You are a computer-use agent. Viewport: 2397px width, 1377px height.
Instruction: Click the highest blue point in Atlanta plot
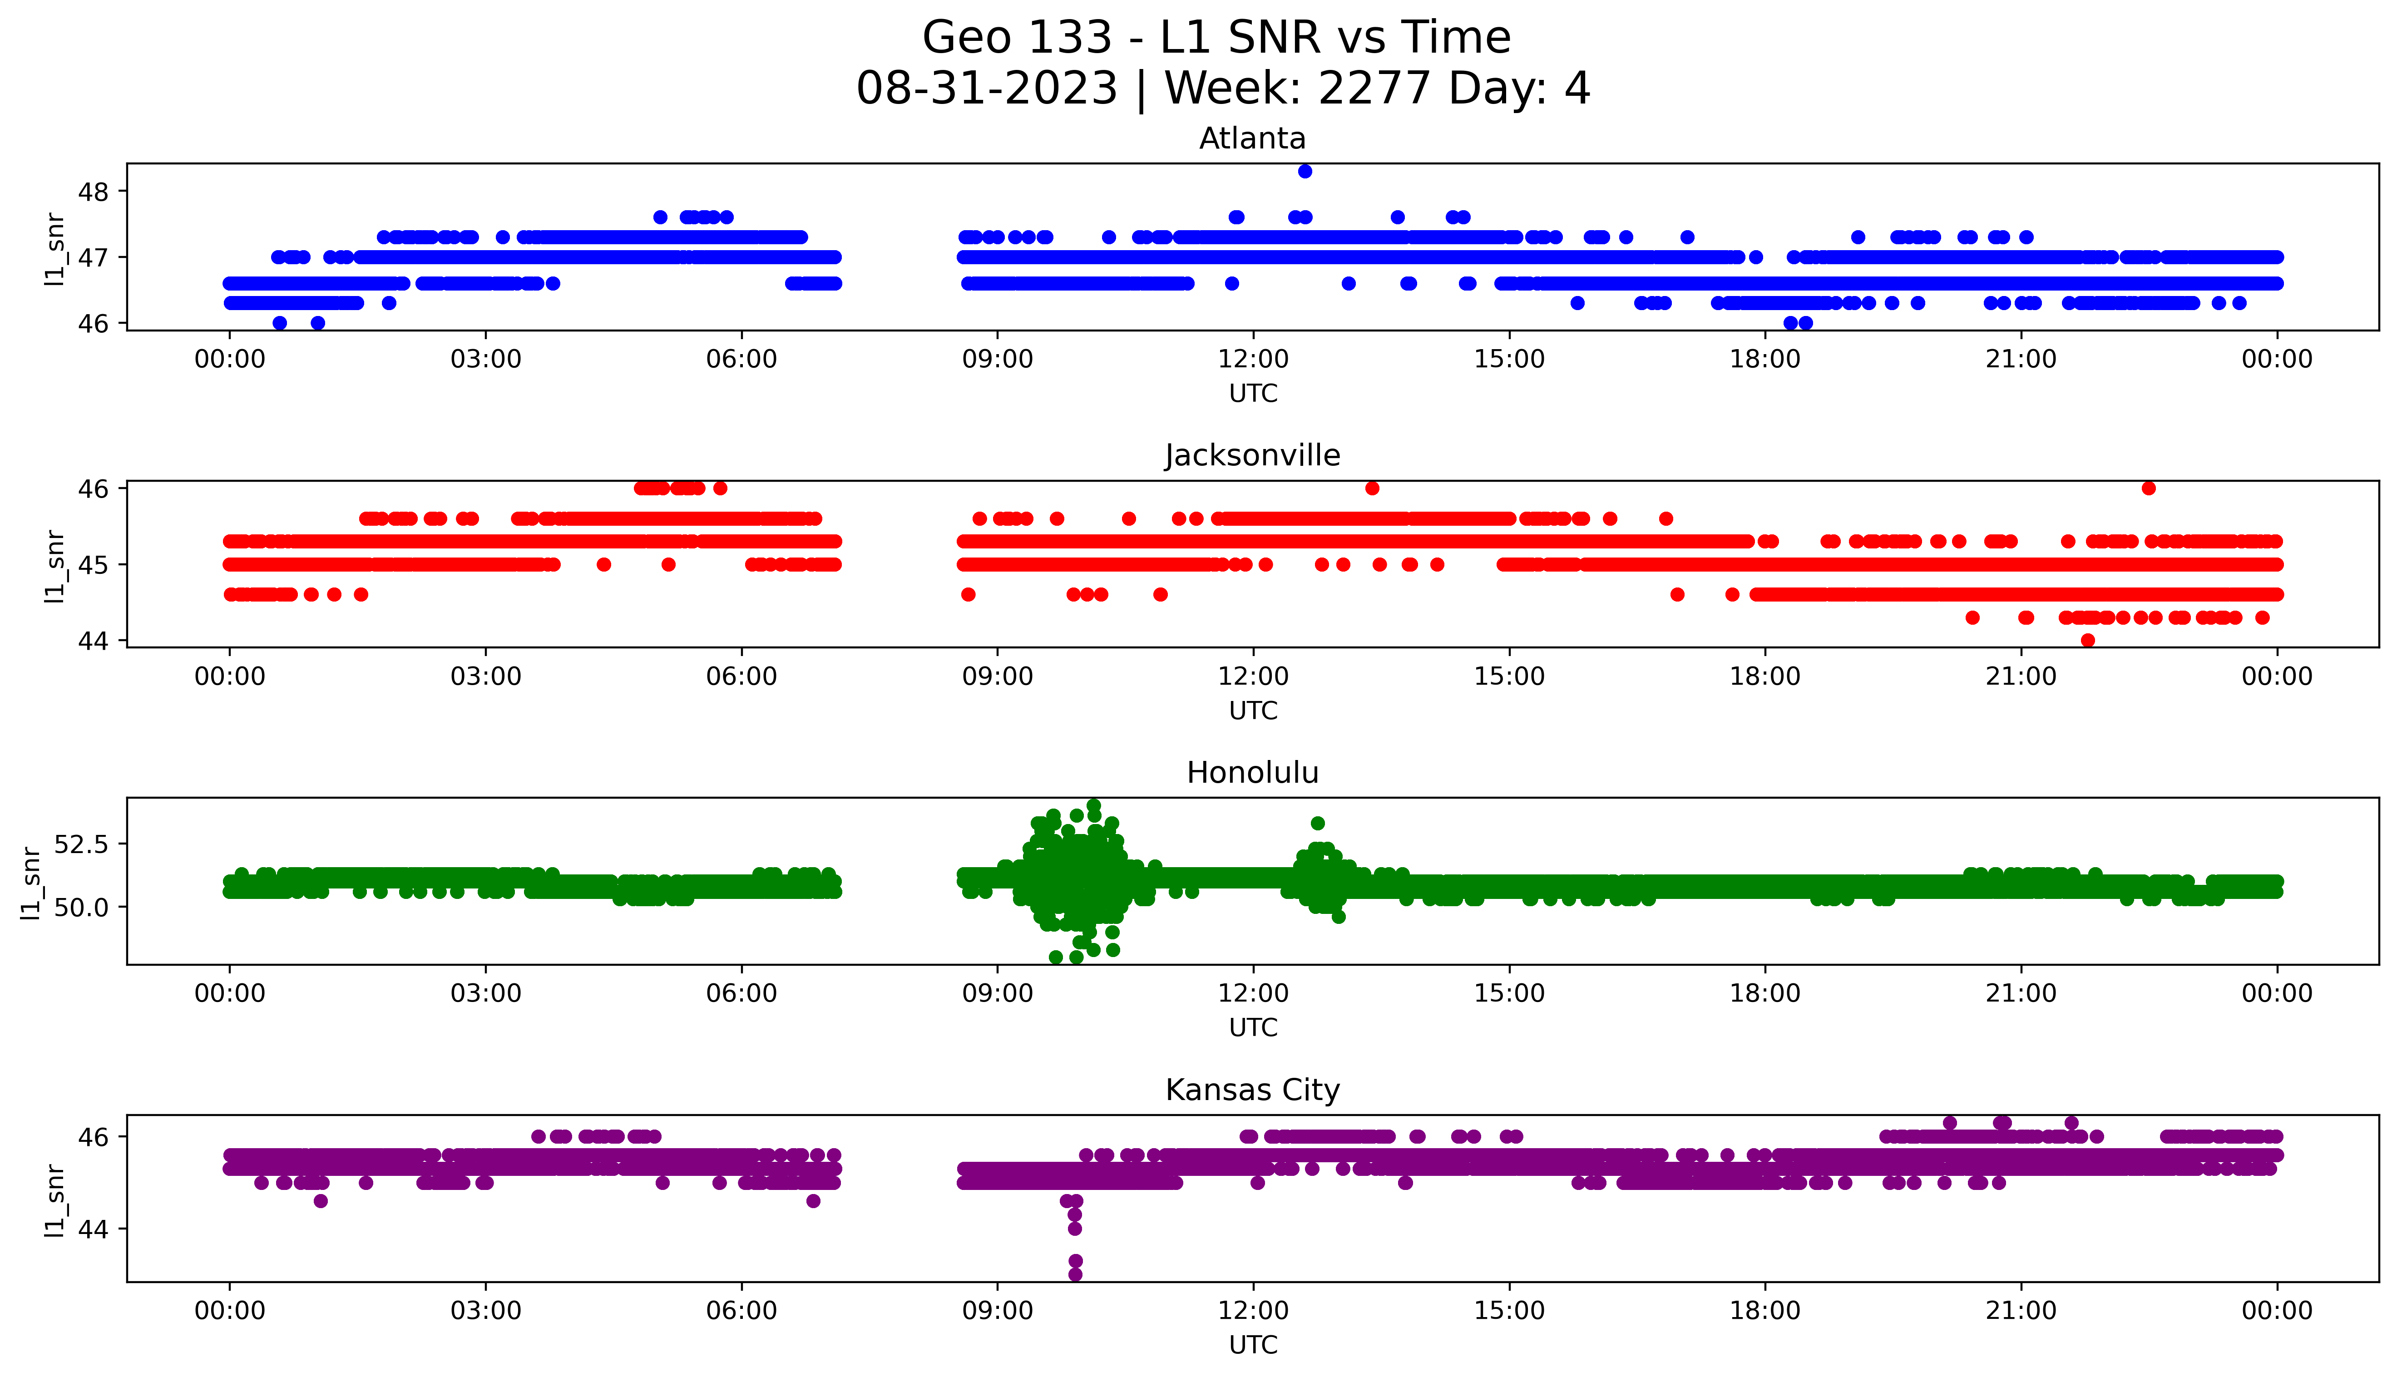[x=1305, y=171]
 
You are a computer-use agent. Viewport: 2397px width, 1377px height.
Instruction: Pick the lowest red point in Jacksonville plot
[x=2088, y=640]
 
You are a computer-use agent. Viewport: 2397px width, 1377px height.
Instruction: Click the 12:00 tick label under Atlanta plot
[x=1253, y=360]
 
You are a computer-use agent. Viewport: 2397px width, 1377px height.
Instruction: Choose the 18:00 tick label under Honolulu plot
[x=1765, y=994]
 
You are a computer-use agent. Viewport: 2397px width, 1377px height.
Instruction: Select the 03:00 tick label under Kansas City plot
[x=486, y=1311]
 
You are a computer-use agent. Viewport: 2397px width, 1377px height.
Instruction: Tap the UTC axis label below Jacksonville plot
[x=1253, y=710]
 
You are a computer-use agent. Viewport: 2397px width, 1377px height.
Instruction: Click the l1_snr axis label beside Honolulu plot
[x=31, y=883]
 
